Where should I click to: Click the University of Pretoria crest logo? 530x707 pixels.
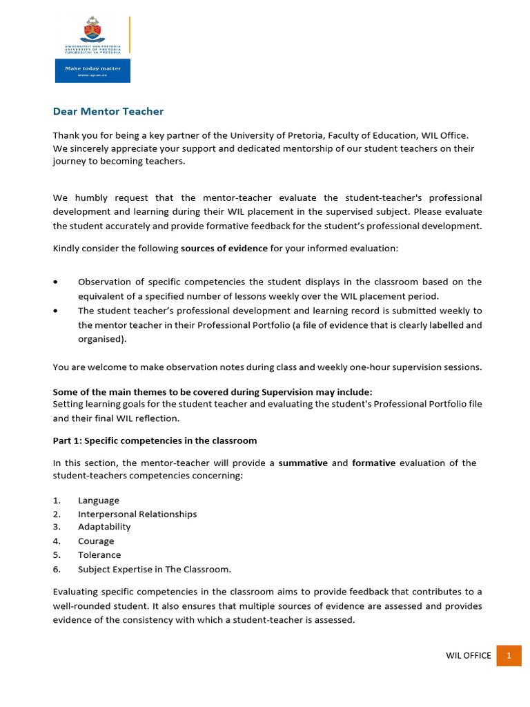tap(92, 30)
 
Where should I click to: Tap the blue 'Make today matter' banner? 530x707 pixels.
tap(92, 71)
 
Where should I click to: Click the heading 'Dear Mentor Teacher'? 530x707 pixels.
tap(108, 111)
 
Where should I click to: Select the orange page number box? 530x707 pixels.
tap(509, 655)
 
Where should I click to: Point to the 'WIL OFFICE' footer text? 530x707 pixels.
tap(469, 655)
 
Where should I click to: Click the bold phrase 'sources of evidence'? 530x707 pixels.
tap(224, 249)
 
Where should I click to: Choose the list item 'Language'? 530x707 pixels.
tap(99, 501)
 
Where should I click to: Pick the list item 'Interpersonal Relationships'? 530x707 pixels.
tap(137, 514)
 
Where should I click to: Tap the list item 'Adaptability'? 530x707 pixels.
tap(104, 527)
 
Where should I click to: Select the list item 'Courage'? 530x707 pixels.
tap(96, 541)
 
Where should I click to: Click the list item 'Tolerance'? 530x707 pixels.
tap(99, 555)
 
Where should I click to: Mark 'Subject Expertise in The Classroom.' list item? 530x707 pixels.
tap(155, 570)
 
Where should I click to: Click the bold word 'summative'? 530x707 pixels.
tap(303, 463)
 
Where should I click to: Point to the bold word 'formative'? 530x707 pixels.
tap(373, 463)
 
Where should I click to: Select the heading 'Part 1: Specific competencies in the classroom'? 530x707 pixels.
tap(155, 440)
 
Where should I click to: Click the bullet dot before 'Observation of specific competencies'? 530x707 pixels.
tap(55, 282)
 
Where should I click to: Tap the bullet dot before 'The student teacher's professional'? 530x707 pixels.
tap(55, 311)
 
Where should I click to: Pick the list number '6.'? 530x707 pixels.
tap(57, 570)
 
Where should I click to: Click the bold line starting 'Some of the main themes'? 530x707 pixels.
tap(213, 392)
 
